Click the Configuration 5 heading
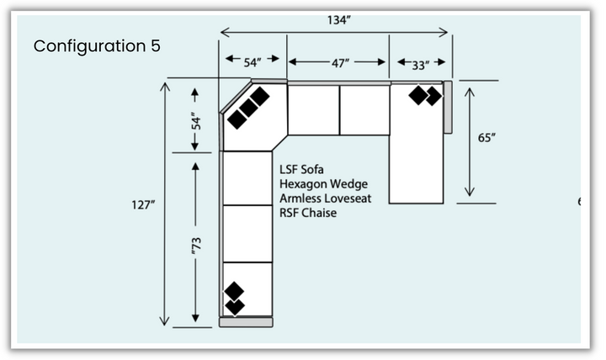[97, 46]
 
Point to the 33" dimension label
[420, 64]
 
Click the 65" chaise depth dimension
[486, 138]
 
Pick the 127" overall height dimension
[141, 204]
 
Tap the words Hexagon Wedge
[324, 183]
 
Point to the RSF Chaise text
[308, 214]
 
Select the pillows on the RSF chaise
[425, 95]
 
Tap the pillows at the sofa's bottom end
[234, 298]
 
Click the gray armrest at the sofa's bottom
[246, 322]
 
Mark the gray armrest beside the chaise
[448, 107]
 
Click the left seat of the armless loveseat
[313, 109]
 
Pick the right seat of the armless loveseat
[365, 109]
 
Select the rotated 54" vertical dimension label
[194, 121]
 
